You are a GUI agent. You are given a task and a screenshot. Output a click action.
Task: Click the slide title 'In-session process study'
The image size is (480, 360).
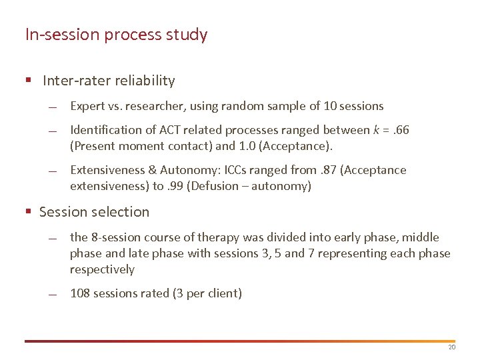coord(116,35)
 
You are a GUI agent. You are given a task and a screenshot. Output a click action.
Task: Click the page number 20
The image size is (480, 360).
coord(451,348)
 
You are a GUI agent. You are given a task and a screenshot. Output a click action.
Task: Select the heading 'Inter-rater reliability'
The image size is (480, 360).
coord(109,81)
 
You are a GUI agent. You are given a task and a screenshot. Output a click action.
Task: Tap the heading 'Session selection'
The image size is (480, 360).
coord(94,212)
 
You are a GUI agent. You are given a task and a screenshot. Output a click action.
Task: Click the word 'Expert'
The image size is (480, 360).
coord(87,106)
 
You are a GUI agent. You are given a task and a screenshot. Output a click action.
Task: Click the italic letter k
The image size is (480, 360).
coord(376,130)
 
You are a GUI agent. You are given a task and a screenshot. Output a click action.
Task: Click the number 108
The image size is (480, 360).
coord(80,293)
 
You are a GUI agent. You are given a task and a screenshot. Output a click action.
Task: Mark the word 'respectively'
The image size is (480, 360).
coord(102,269)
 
